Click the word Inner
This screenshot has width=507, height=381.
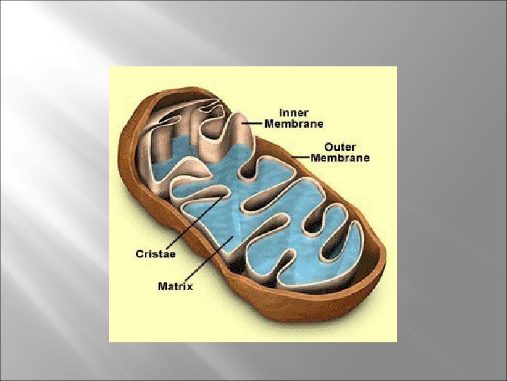pos(294,112)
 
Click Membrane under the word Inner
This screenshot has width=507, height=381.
pos(294,123)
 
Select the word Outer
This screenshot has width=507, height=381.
pos(339,147)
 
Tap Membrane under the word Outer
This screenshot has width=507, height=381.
pos(346,158)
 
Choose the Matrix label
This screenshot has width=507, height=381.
pos(175,286)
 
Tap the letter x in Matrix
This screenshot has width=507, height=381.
pos(189,286)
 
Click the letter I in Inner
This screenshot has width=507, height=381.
pos(282,112)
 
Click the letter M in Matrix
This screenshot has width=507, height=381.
pos(162,286)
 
